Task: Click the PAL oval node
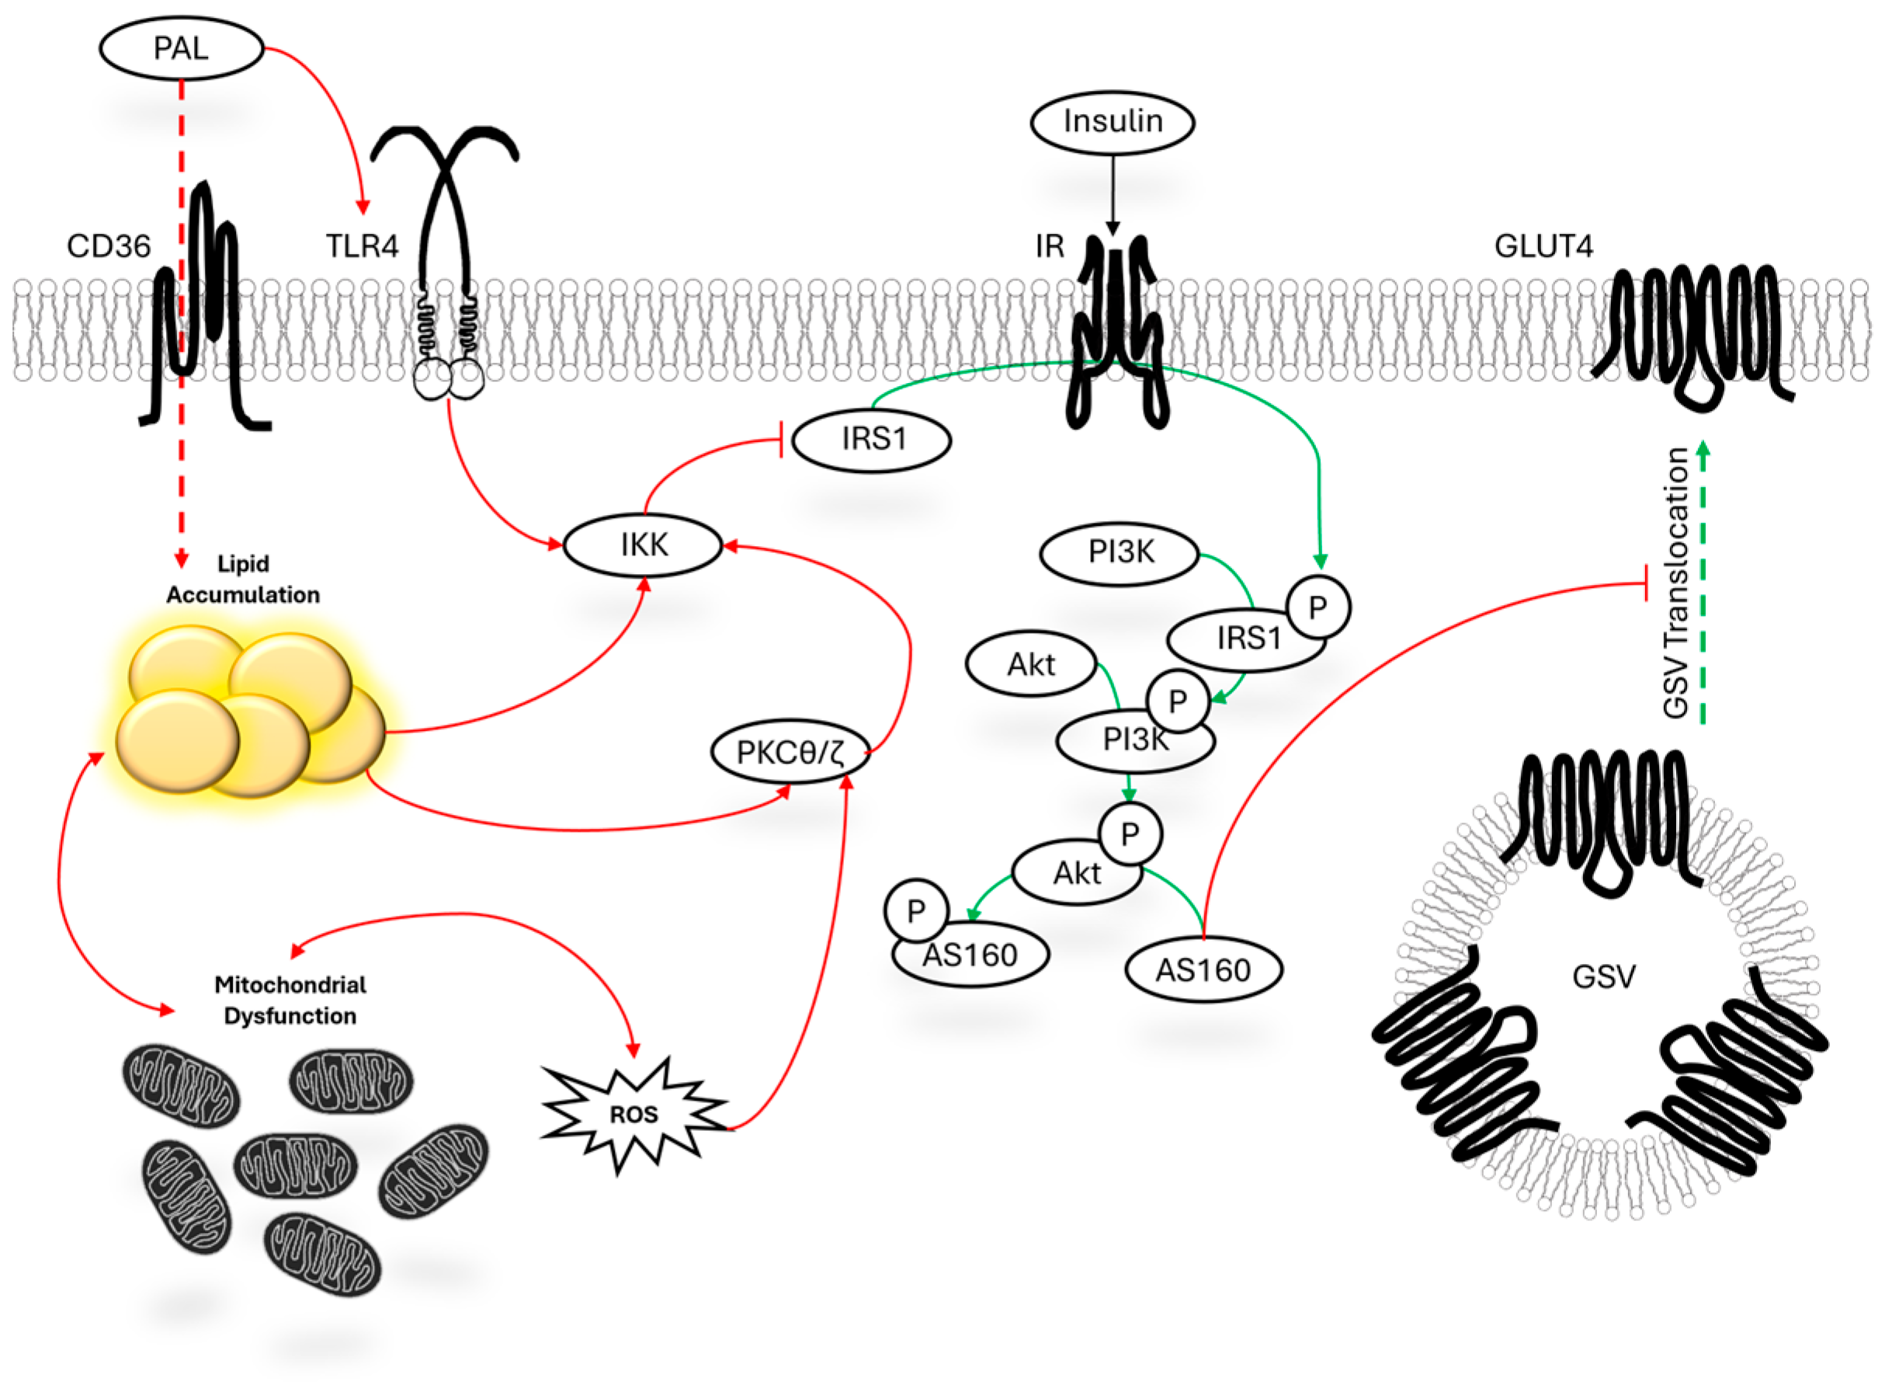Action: [x=181, y=48]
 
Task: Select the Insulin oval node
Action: [x=1112, y=122]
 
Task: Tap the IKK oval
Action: [x=643, y=545]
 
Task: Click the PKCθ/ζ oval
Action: [x=790, y=752]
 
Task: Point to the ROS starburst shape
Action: [x=634, y=1114]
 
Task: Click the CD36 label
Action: [x=109, y=246]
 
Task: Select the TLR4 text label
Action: [x=363, y=246]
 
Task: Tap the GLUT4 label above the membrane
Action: [x=1543, y=246]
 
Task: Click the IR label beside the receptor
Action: [x=1050, y=246]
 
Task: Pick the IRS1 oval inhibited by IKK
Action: [x=873, y=439]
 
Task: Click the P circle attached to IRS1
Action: [x=1318, y=607]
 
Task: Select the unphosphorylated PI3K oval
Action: [x=1120, y=553]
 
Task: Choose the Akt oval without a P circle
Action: [x=1030, y=665]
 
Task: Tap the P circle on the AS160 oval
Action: [x=916, y=911]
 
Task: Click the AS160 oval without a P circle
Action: [x=1203, y=971]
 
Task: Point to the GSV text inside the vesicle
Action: [x=1604, y=976]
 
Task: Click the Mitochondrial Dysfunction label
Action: [x=290, y=1000]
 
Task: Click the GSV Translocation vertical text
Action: [x=1677, y=583]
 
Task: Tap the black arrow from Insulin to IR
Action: [x=1113, y=193]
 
